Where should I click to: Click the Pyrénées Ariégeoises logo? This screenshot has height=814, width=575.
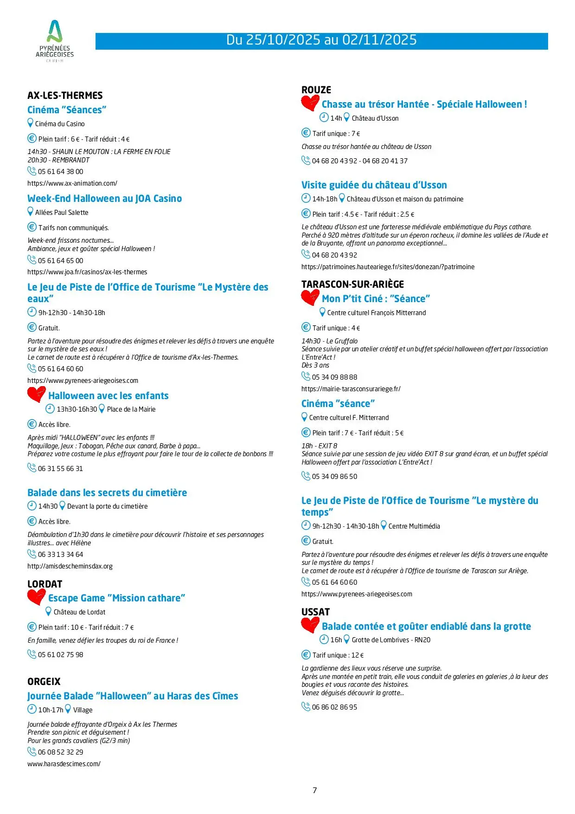click(x=55, y=41)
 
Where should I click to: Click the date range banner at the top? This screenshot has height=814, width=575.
click(x=321, y=40)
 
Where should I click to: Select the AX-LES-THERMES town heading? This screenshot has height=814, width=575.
click(x=65, y=96)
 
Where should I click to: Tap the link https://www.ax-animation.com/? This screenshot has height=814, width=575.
click(x=72, y=183)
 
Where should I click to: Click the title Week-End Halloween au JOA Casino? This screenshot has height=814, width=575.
click(x=104, y=199)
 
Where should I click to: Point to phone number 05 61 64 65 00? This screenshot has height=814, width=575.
click(x=60, y=261)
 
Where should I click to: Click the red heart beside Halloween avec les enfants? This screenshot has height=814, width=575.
click(x=36, y=394)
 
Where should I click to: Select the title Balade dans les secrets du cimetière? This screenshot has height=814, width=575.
click(x=107, y=493)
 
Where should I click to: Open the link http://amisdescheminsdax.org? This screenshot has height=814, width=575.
click(x=70, y=566)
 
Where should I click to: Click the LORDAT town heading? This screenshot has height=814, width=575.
click(x=45, y=584)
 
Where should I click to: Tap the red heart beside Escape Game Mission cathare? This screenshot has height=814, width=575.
click(x=36, y=597)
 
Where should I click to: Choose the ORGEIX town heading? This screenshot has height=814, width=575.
click(x=44, y=682)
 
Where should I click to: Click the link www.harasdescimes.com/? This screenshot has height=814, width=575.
click(x=64, y=764)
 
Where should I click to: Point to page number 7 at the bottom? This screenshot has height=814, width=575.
click(x=315, y=790)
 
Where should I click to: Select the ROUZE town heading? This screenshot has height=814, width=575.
click(x=316, y=90)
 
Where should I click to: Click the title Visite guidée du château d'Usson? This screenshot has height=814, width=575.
click(x=374, y=185)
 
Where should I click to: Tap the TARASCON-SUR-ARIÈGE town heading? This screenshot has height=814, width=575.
click(x=352, y=284)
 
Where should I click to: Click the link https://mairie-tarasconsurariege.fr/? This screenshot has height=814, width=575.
click(x=351, y=389)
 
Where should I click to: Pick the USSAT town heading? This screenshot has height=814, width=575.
click(x=315, y=612)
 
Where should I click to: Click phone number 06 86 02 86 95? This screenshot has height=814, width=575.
click(x=334, y=707)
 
